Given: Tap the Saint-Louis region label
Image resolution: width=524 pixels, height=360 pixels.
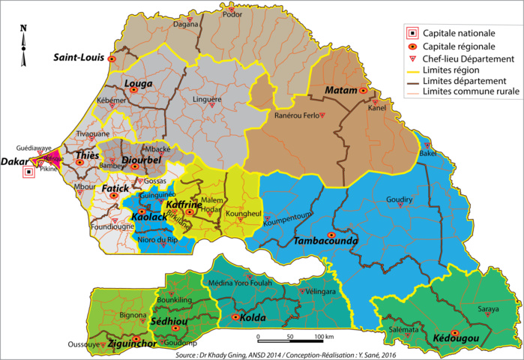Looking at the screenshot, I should (78, 57).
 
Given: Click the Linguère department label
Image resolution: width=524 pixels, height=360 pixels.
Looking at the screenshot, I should (208, 99).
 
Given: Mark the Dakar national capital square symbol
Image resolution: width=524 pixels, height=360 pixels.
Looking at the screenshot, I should (28, 172).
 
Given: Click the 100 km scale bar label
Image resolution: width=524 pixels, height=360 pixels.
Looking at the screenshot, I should (319, 336).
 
